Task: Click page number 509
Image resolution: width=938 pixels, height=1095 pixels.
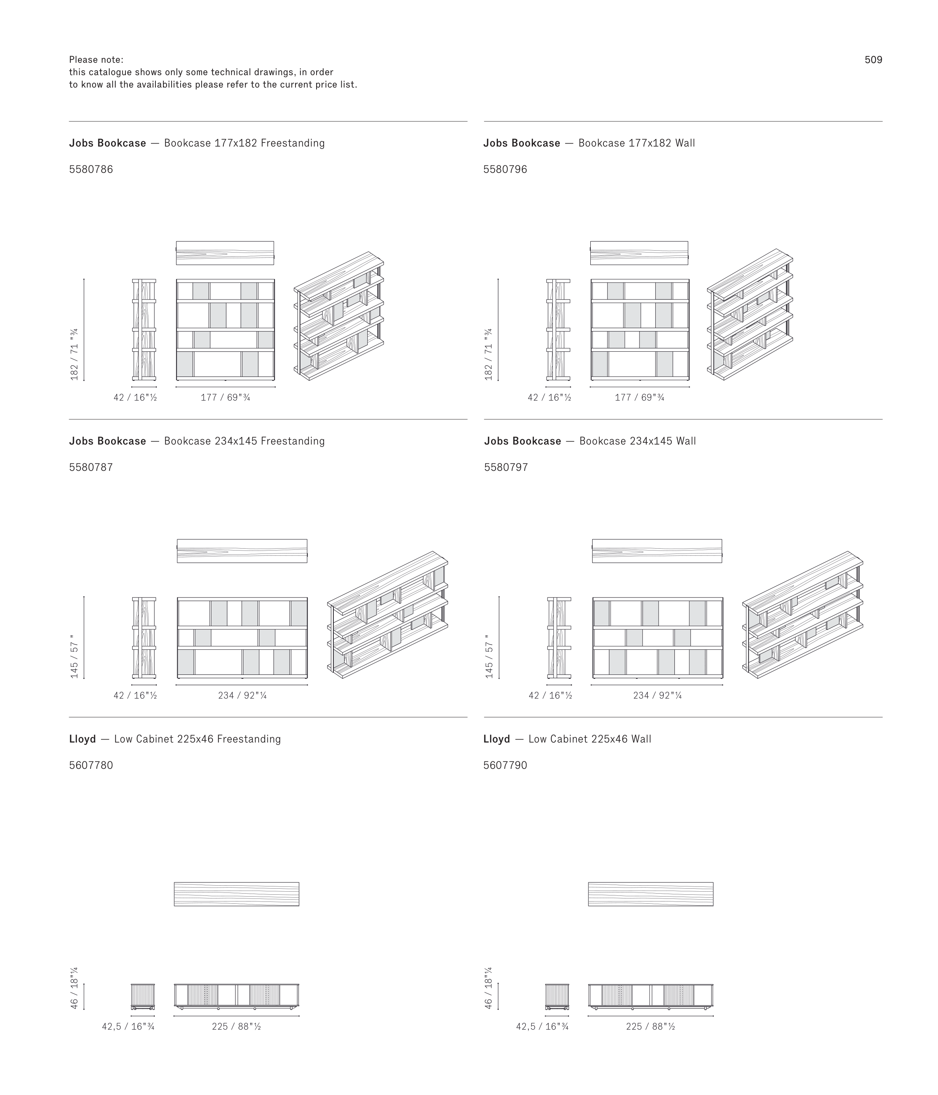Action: click(x=873, y=60)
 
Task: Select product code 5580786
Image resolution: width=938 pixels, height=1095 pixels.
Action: click(x=91, y=169)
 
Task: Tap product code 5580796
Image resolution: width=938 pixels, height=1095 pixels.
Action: click(x=505, y=169)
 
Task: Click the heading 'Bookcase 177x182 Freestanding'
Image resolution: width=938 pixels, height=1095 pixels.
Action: click(x=244, y=143)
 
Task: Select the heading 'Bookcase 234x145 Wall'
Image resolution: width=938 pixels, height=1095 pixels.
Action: click(x=638, y=441)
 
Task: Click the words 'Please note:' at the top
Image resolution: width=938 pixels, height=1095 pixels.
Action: click(x=96, y=60)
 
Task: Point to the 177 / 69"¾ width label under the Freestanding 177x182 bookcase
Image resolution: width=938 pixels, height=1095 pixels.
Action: click(x=226, y=398)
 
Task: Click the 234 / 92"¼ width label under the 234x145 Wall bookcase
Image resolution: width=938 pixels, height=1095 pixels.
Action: click(x=658, y=696)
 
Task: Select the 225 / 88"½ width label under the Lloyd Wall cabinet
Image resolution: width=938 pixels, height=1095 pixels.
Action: click(x=651, y=1026)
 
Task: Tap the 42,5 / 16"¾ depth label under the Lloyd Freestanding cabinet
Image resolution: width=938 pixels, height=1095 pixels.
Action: click(x=128, y=1026)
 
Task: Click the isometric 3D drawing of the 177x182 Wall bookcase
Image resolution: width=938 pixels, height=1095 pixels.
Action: click(x=750, y=315)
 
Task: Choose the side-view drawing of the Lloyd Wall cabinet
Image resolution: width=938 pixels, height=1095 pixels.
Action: click(x=557, y=997)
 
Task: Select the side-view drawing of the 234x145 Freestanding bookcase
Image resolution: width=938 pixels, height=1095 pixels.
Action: click(x=144, y=638)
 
